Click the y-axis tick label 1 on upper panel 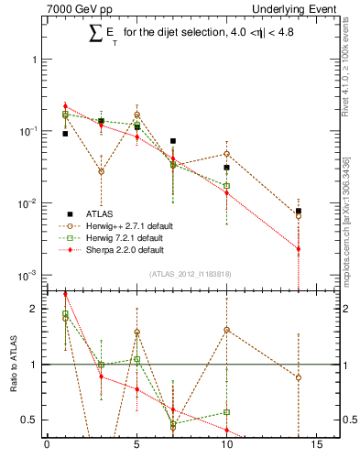point(34,60)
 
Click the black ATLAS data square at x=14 point(299,211)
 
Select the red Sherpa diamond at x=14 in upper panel point(299,248)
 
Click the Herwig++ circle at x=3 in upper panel point(101,171)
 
